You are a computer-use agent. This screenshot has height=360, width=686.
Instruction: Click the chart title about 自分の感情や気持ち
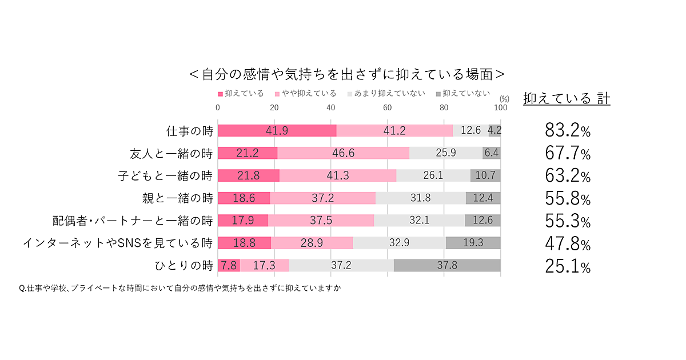tap(347, 74)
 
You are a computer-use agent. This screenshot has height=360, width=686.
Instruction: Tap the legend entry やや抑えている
tap(305, 93)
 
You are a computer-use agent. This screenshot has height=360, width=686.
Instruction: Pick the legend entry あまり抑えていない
tap(386, 93)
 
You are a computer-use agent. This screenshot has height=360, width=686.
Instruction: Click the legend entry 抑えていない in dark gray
tap(463, 93)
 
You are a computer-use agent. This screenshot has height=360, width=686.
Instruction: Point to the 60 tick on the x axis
tap(387, 107)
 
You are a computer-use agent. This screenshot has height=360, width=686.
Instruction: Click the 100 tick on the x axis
tap(500, 107)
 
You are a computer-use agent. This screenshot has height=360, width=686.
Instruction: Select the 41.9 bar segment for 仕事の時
tap(277, 130)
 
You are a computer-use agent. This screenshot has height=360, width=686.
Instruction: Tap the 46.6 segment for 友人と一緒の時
tap(344, 153)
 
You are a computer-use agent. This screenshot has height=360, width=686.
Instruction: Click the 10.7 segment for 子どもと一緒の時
tap(485, 175)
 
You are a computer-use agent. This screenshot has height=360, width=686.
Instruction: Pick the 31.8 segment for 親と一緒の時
tap(420, 198)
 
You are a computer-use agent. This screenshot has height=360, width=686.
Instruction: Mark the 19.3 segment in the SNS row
tap(473, 243)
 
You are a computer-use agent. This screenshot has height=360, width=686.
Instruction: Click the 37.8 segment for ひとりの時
tap(447, 265)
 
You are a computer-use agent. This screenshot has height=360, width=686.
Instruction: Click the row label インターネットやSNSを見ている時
tap(118, 243)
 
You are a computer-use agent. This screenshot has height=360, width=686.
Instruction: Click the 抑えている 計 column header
tap(567, 98)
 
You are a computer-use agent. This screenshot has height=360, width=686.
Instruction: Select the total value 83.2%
tap(567, 131)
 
